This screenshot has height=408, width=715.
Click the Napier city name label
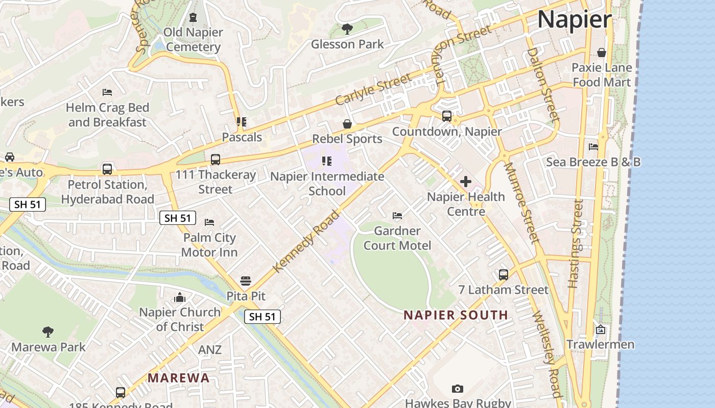(x=574, y=19)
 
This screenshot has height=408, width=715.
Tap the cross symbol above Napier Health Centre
(x=465, y=181)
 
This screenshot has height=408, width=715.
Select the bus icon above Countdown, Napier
(x=447, y=116)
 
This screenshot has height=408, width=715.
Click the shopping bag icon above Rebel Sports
(x=347, y=124)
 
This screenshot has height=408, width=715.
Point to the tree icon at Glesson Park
(x=347, y=29)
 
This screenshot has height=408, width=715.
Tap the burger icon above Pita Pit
(x=246, y=280)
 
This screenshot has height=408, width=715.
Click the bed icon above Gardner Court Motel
(x=397, y=216)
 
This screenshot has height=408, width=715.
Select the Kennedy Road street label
(x=306, y=241)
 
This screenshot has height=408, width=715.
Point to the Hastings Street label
(x=575, y=244)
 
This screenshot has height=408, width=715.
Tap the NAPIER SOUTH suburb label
(x=456, y=315)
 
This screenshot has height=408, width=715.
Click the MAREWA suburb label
(x=179, y=378)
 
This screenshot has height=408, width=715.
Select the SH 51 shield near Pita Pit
(x=263, y=317)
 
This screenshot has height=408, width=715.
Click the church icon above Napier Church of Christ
(x=180, y=297)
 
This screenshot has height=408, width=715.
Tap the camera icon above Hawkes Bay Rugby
(x=458, y=389)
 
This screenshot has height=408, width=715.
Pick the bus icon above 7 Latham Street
(x=504, y=274)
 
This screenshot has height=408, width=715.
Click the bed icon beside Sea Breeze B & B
(x=593, y=147)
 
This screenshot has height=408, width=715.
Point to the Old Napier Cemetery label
(x=193, y=40)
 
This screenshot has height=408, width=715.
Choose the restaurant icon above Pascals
(x=242, y=122)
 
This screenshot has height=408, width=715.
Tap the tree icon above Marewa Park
(x=48, y=332)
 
